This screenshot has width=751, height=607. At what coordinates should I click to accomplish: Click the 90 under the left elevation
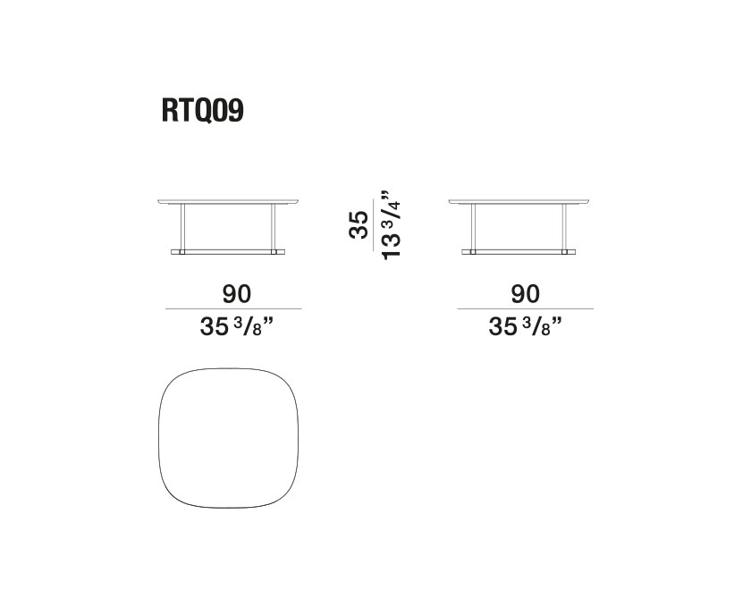pos(234,294)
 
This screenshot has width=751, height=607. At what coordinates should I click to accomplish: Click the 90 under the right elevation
pos(526,294)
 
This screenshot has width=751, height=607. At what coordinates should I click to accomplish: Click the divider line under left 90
pos(234,309)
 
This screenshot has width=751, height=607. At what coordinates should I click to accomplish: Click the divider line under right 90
pos(526,309)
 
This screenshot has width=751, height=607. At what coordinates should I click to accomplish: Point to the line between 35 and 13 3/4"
pos(373,223)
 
